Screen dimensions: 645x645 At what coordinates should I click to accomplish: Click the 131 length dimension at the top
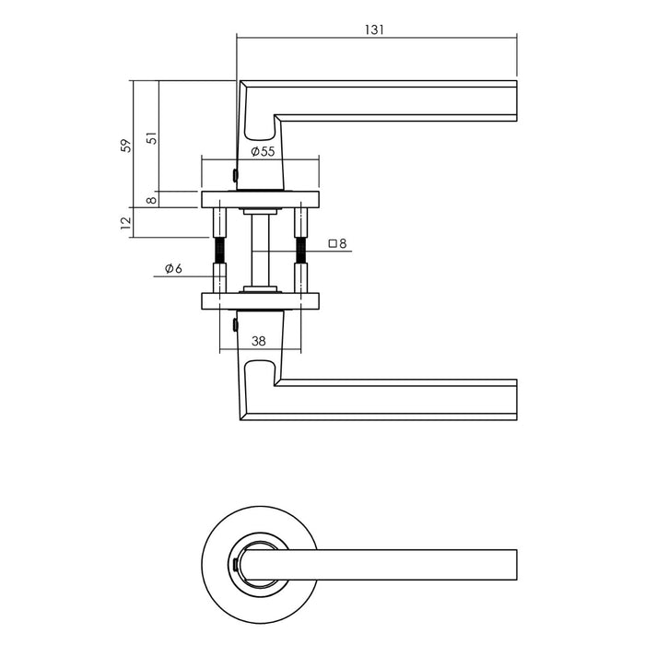tap(373, 29)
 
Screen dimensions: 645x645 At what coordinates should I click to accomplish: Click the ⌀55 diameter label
tap(262, 151)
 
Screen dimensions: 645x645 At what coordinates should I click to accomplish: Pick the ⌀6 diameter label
tap(173, 268)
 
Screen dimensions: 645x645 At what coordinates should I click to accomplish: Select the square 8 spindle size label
tap(337, 244)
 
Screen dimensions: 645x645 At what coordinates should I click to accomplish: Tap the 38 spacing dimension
tap(259, 340)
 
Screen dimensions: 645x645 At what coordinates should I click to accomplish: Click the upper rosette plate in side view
tap(260, 199)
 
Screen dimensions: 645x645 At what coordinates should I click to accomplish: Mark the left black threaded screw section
tap(221, 250)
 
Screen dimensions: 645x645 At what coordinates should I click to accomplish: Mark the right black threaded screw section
tap(299, 250)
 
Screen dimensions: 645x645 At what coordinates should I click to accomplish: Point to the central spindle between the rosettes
tap(260, 249)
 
